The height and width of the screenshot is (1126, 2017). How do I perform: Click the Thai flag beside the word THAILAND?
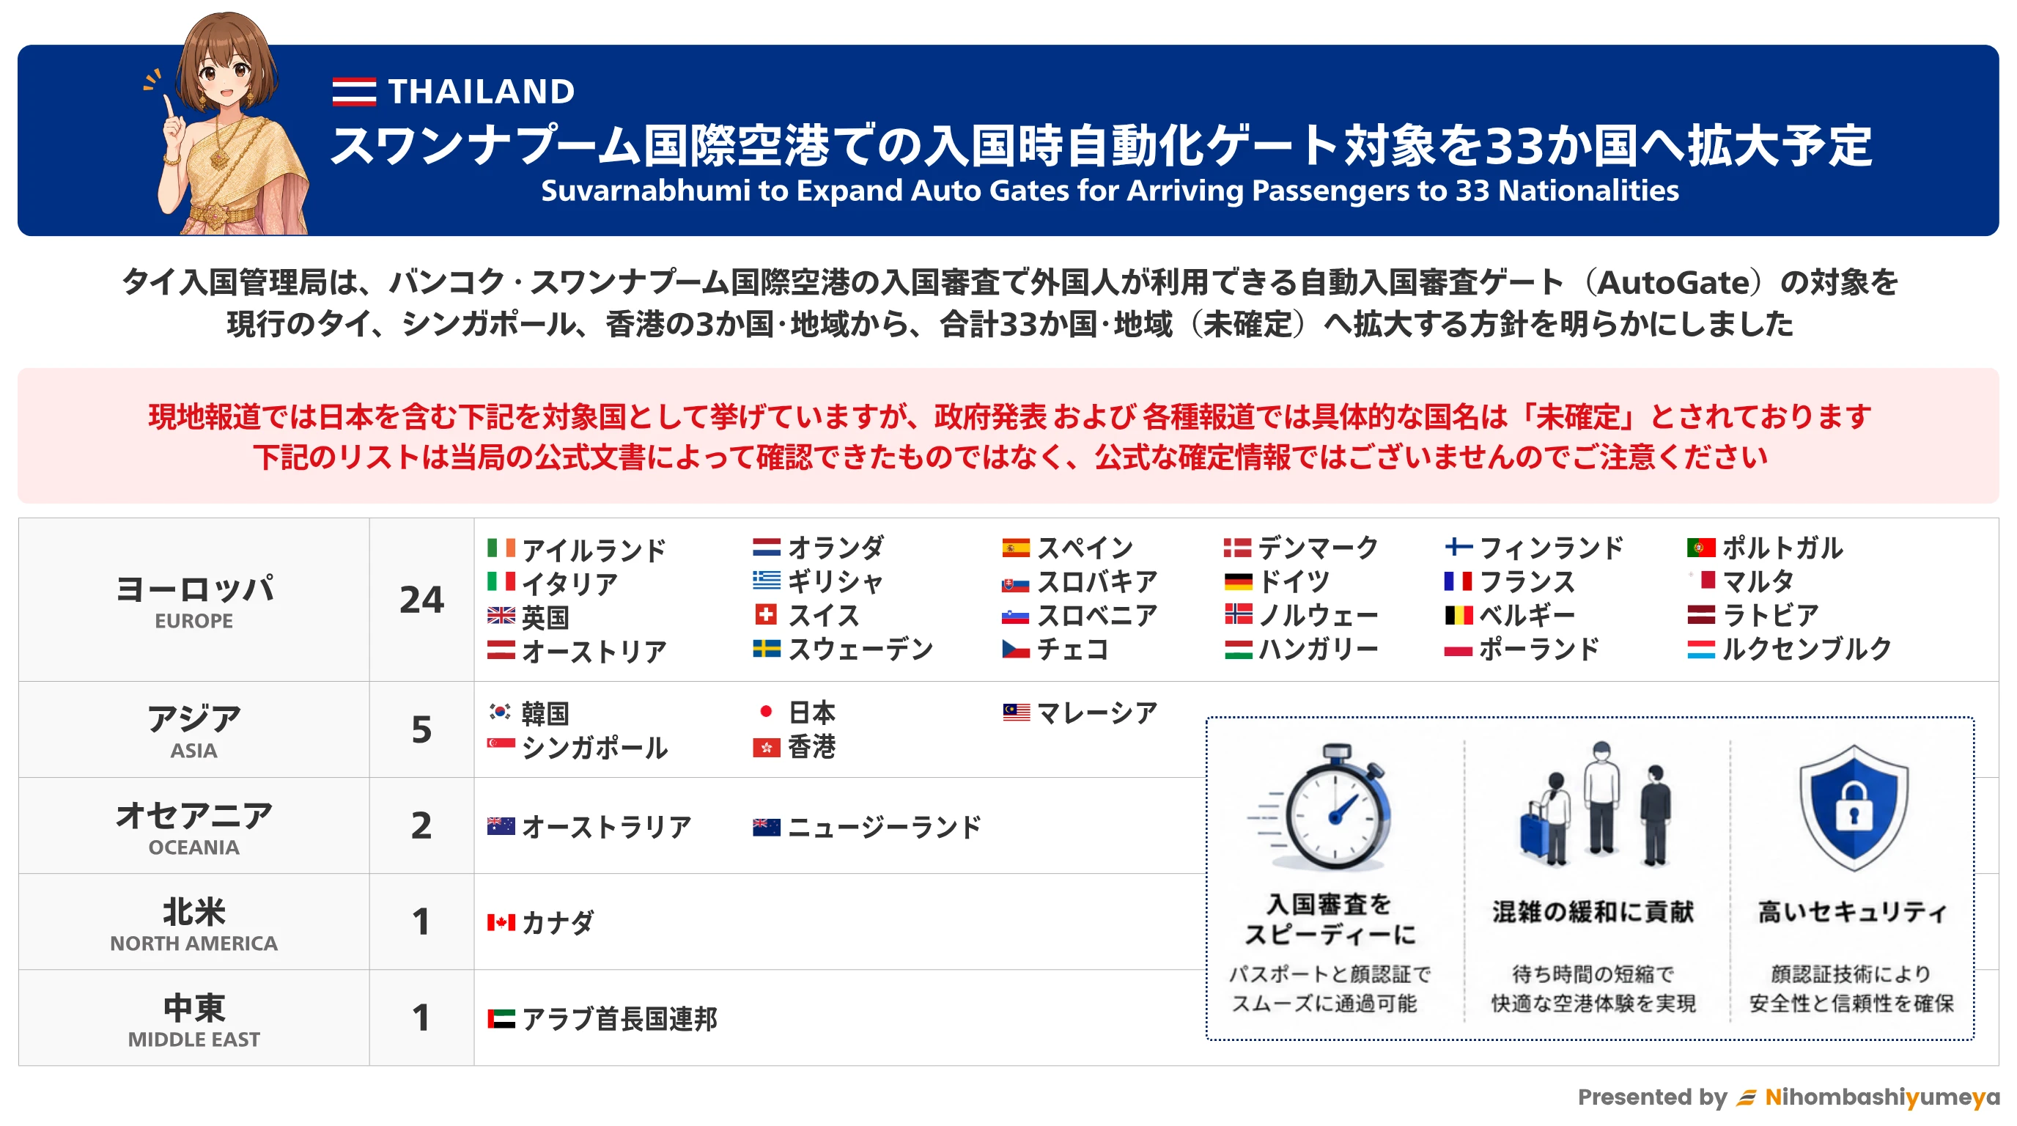point(354,92)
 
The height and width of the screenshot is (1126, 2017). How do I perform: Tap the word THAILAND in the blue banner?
point(482,92)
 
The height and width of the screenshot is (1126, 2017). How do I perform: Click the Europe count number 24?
point(421,600)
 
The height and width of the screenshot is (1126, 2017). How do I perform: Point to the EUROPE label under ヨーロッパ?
point(193,621)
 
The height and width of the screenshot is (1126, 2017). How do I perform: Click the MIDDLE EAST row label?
point(193,1039)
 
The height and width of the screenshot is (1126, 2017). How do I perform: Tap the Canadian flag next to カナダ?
point(501,922)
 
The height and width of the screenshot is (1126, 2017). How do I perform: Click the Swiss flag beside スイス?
point(766,614)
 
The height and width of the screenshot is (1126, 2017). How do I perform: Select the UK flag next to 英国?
point(501,616)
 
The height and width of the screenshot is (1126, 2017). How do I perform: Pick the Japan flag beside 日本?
point(766,711)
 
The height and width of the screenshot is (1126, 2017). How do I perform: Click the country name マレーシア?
point(1096,713)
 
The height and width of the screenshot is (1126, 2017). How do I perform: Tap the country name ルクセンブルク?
point(1807,648)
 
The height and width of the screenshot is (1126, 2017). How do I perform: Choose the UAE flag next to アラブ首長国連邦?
point(501,1019)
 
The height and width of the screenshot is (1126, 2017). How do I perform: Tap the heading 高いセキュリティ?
point(1852,911)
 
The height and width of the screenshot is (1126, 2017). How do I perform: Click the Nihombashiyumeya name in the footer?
point(1881,1097)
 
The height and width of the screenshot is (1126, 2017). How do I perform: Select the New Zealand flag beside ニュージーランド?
point(766,826)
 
